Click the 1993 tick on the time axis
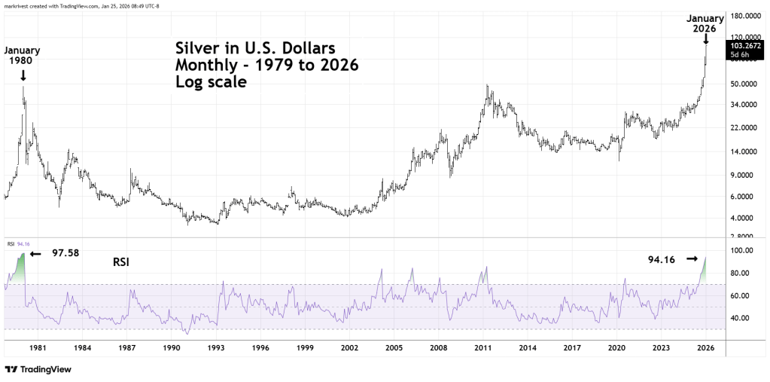(216, 349)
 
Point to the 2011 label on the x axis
(483, 349)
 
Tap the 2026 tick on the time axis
(705, 349)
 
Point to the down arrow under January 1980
(23, 75)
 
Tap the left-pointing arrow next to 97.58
(35, 255)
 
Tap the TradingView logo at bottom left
(37, 370)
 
